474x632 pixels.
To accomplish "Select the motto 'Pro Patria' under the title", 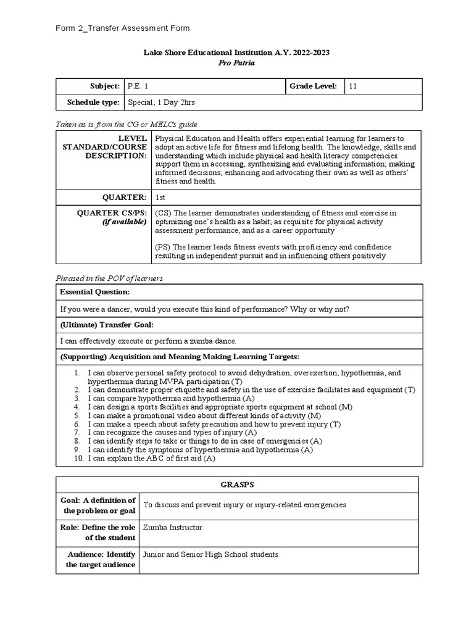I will tap(237, 63).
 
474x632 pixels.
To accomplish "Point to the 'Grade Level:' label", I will tap(313, 86).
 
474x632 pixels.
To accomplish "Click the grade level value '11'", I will tap(353, 86).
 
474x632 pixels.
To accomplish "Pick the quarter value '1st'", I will tap(161, 197).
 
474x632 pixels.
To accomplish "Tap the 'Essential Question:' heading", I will tap(94, 292).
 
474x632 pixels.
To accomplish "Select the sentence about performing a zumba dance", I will tap(148, 341).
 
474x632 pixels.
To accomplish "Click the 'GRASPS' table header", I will tap(237, 485).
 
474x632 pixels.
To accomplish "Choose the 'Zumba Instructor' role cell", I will tap(172, 528).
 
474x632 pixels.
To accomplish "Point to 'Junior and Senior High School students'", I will tap(210, 554).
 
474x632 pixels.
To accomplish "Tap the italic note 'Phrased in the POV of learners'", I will tap(109, 278).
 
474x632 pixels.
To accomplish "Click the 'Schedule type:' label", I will tap(93, 102).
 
